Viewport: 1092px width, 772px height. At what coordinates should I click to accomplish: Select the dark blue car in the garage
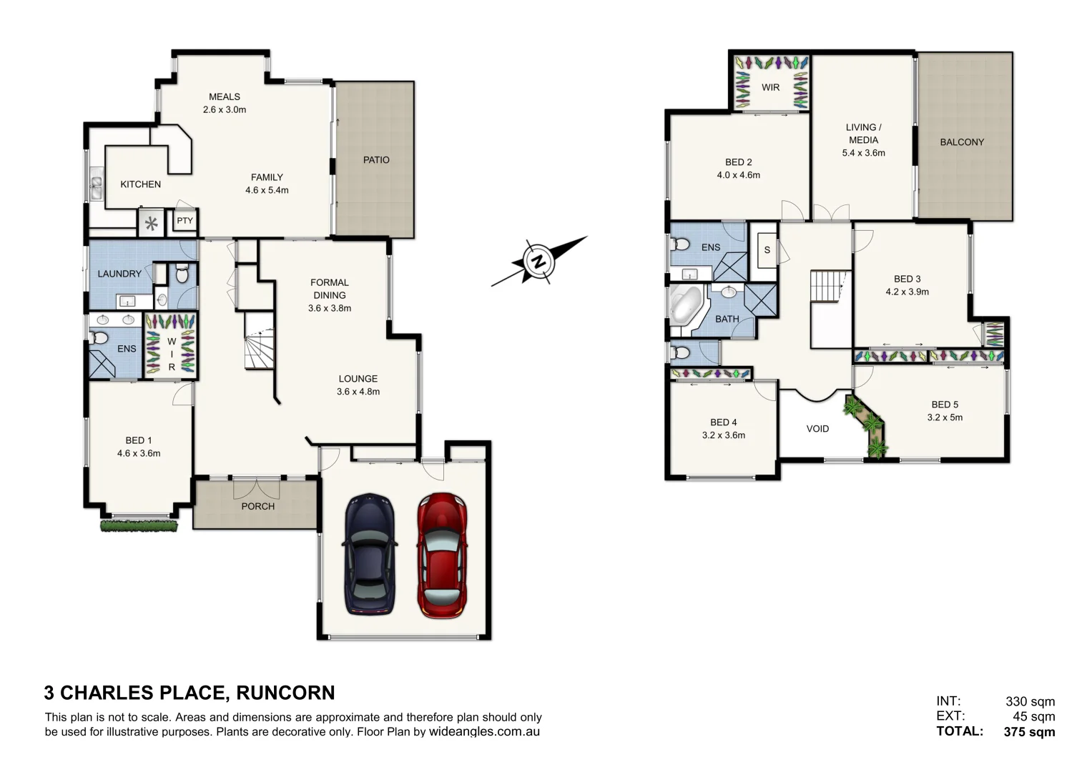369,554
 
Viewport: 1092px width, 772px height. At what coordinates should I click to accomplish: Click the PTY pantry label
185,221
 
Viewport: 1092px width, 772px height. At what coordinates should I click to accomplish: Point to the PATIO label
376,160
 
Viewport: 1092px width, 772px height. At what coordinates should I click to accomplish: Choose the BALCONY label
961,142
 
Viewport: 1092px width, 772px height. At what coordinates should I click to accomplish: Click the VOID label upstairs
817,429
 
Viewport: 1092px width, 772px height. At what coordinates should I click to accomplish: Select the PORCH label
257,506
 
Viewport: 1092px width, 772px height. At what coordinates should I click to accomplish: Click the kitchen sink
96,188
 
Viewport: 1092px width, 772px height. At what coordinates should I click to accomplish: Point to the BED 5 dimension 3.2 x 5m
945,417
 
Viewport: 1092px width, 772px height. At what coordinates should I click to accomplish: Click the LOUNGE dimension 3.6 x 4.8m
358,392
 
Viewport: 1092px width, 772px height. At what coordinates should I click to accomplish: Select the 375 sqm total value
1029,731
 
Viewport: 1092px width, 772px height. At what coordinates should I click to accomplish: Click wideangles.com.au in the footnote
484,731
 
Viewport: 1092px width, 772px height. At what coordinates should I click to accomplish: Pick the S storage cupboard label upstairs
767,250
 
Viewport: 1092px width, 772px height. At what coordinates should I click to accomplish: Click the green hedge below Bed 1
139,526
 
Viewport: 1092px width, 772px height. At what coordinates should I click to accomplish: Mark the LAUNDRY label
119,274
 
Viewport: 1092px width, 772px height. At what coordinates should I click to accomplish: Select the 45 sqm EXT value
1033,716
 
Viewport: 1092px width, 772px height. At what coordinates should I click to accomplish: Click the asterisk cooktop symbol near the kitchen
151,224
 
